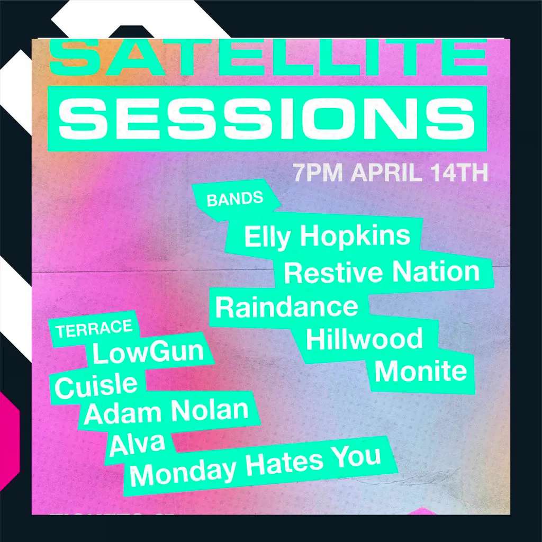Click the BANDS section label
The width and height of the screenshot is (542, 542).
(234, 199)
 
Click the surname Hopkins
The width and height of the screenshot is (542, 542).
(355, 235)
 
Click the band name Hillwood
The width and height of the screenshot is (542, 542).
(364, 339)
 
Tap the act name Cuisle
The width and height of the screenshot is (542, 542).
(96, 385)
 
